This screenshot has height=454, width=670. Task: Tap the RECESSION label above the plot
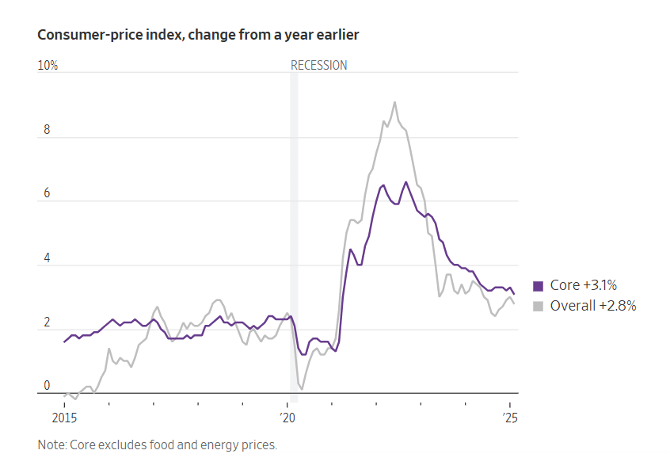[x=318, y=66]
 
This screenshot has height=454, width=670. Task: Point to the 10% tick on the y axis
[x=48, y=66]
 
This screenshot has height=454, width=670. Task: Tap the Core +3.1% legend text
[x=583, y=286]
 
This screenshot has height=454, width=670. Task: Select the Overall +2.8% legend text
[x=593, y=306]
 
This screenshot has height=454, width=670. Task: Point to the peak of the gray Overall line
[x=394, y=102]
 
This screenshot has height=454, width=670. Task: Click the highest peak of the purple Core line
[x=406, y=182]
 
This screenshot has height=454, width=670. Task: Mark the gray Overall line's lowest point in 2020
[x=302, y=389]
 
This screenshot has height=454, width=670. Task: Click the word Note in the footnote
[x=51, y=444]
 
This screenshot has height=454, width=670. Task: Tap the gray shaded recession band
[x=294, y=238]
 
